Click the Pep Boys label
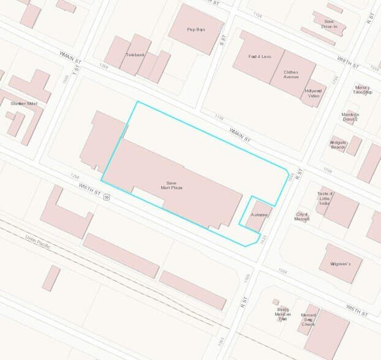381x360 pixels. click(195, 29)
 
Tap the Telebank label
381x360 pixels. click(135, 54)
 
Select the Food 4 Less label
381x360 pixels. click(260, 57)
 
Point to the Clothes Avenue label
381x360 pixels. click(291, 75)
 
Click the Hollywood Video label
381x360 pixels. click(313, 94)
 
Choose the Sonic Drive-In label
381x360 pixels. click(329, 24)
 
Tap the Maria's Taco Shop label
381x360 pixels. click(363, 89)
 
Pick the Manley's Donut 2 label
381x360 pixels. click(350, 116)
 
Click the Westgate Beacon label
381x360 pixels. click(339, 144)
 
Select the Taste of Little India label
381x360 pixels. click(325, 198)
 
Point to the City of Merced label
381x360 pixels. click(301, 216)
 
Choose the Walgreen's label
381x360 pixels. click(341, 264)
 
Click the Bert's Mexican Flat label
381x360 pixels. click(282, 313)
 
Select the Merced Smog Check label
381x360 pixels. click(309, 320)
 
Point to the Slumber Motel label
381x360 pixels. click(24, 103)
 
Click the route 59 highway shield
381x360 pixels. click(106, 197)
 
